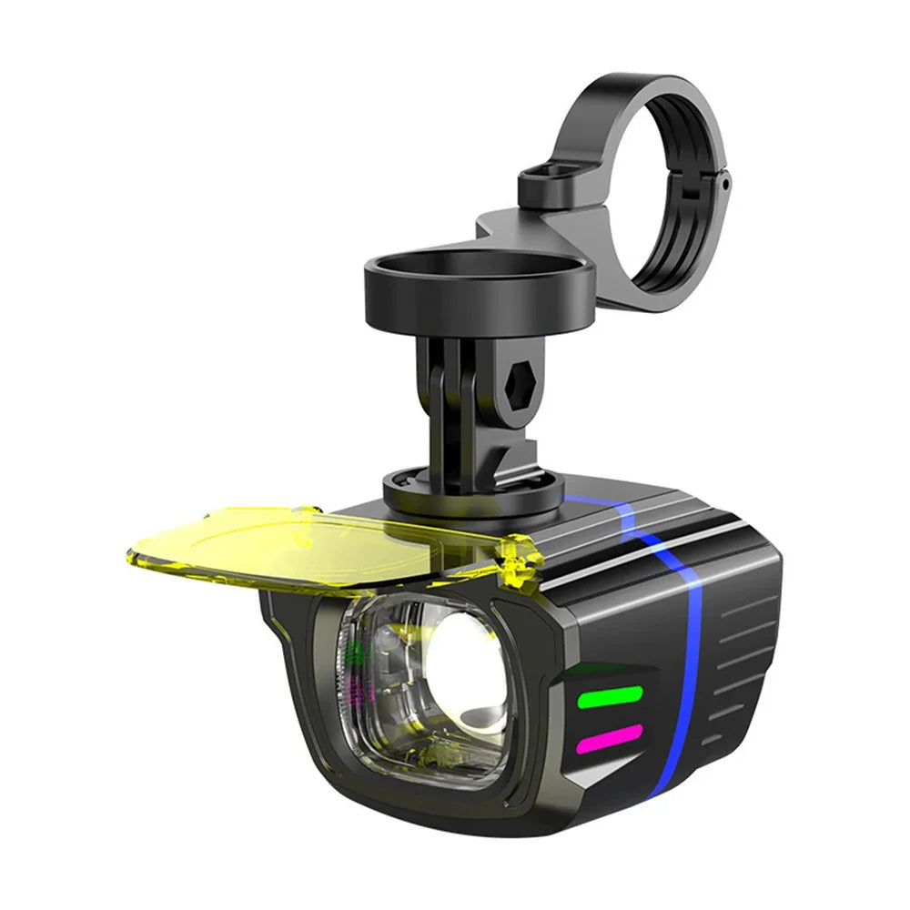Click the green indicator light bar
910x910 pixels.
click(x=610, y=697)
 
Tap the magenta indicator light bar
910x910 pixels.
click(x=609, y=736)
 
